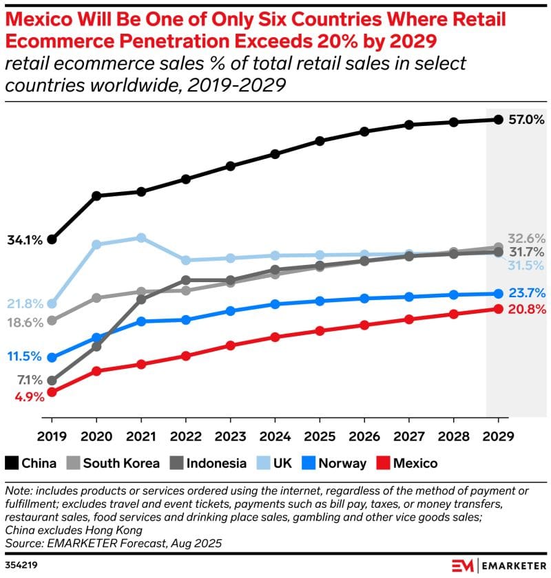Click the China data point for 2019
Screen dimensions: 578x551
click(x=52, y=239)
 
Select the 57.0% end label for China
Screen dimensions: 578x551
click(x=527, y=120)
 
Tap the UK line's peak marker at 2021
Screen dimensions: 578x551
click(x=141, y=237)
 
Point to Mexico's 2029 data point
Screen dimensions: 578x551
click(x=498, y=308)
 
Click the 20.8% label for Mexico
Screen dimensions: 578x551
click(x=527, y=310)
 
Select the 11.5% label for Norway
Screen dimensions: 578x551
click(x=25, y=356)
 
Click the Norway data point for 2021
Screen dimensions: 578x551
click(x=141, y=321)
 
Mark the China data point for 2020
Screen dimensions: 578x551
click(x=96, y=195)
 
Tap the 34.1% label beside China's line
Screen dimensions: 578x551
click(x=25, y=240)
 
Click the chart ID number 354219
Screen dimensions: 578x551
click(x=23, y=565)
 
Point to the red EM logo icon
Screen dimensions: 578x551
click(x=463, y=565)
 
